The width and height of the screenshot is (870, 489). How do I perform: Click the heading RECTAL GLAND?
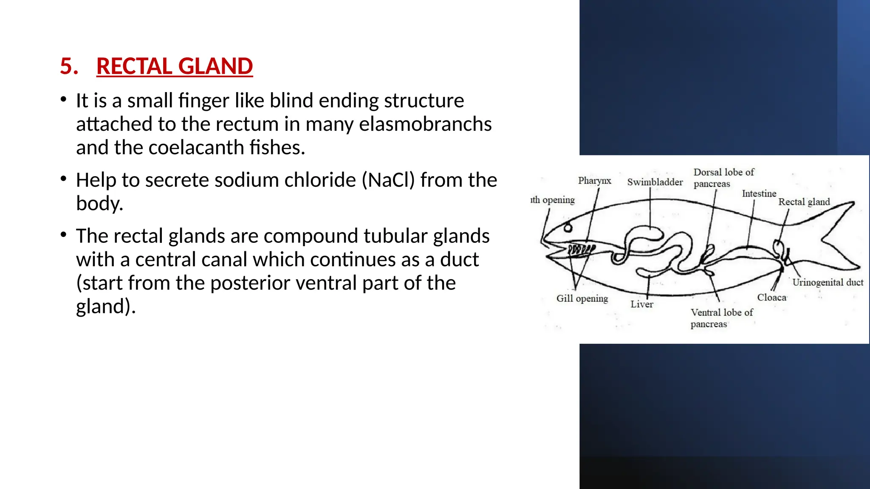[174, 67]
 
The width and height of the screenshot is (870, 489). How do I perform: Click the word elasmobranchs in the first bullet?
[425, 124]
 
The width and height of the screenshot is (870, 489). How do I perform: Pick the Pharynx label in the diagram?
[594, 181]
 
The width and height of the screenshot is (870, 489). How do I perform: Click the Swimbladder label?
[655, 182]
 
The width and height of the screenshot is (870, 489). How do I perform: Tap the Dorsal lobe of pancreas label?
[723, 178]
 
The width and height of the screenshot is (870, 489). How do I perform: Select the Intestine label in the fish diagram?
[759, 194]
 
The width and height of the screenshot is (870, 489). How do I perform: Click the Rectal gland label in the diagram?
[804, 202]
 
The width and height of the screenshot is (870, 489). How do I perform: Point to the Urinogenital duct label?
[828, 282]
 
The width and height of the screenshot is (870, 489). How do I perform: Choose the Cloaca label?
[771, 298]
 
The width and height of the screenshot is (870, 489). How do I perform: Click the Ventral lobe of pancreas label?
[721, 318]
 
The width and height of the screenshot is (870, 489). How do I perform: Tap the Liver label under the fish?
[641, 304]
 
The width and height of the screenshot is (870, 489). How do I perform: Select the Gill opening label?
[582, 298]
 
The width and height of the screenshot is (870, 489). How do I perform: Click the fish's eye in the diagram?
[568, 228]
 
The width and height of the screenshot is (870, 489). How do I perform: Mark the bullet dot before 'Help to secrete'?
[63, 179]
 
